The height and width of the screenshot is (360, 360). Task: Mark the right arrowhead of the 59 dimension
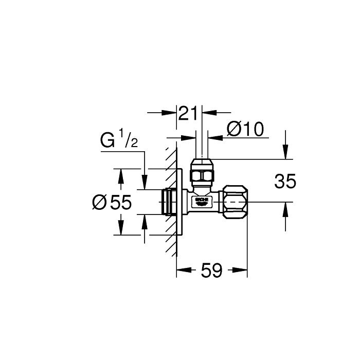pyautogui.click(x=243, y=269)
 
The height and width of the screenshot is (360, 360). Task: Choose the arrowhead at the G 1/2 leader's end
pyautogui.click(x=145, y=185)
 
